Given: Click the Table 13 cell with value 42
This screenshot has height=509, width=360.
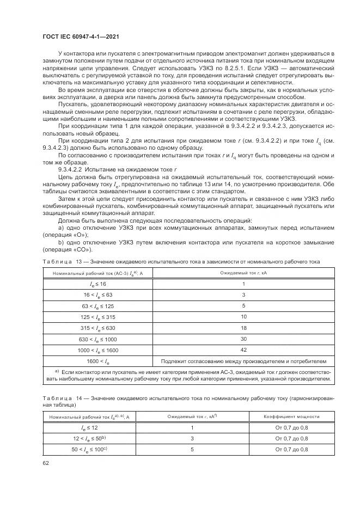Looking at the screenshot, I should (244, 349).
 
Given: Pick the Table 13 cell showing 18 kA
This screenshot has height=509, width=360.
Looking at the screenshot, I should (244, 328).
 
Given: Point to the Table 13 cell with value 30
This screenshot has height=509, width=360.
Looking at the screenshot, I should (244, 339).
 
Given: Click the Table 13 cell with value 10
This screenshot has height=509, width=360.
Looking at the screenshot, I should (244, 316).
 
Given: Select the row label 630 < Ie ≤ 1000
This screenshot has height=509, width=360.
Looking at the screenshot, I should (99, 339).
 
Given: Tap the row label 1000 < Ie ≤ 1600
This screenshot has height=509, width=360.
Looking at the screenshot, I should (99, 350).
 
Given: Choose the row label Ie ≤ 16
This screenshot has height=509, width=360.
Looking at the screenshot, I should (99, 284).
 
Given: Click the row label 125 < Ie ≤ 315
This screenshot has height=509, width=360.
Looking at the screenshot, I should (99, 317).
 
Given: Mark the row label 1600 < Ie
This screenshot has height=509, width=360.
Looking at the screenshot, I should (99, 361).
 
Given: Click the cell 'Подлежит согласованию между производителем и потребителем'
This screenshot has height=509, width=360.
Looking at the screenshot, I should (244, 361).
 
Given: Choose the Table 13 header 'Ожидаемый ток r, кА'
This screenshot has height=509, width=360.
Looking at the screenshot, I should (244, 272).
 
